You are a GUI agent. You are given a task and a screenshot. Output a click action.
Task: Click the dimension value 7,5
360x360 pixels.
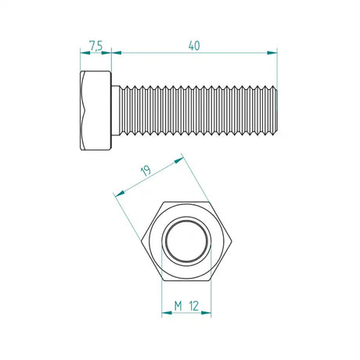(95, 46)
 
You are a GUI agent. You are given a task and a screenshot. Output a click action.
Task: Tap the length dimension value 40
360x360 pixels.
(194, 45)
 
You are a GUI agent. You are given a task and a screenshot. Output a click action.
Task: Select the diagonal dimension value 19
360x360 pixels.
(146, 171)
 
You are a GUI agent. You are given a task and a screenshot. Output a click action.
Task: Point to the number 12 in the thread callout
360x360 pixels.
(196, 304)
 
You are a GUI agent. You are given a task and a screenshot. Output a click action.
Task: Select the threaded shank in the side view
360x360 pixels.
(196, 111)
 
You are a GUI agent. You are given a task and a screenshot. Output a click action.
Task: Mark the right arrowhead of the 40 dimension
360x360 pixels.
(273, 53)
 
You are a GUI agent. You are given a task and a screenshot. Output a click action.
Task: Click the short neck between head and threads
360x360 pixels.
(116, 111)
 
